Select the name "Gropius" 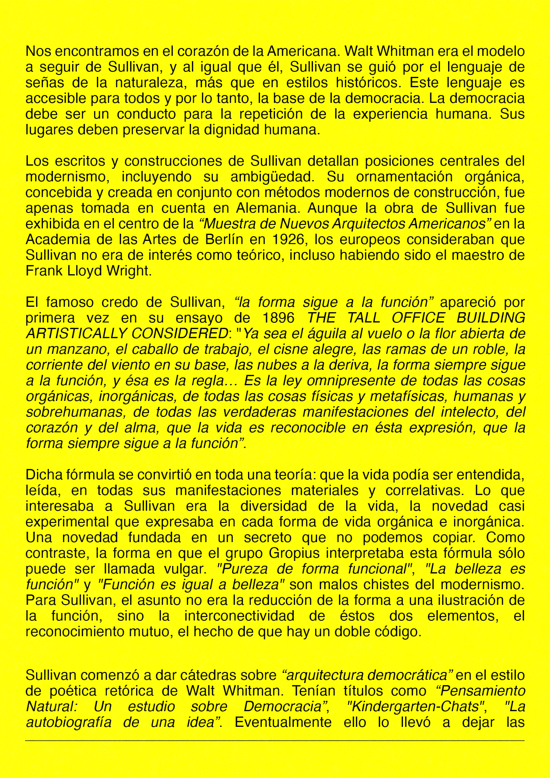point(294,553)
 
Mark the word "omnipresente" point(350,381)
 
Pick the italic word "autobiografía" point(68,722)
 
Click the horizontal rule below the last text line point(275,741)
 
